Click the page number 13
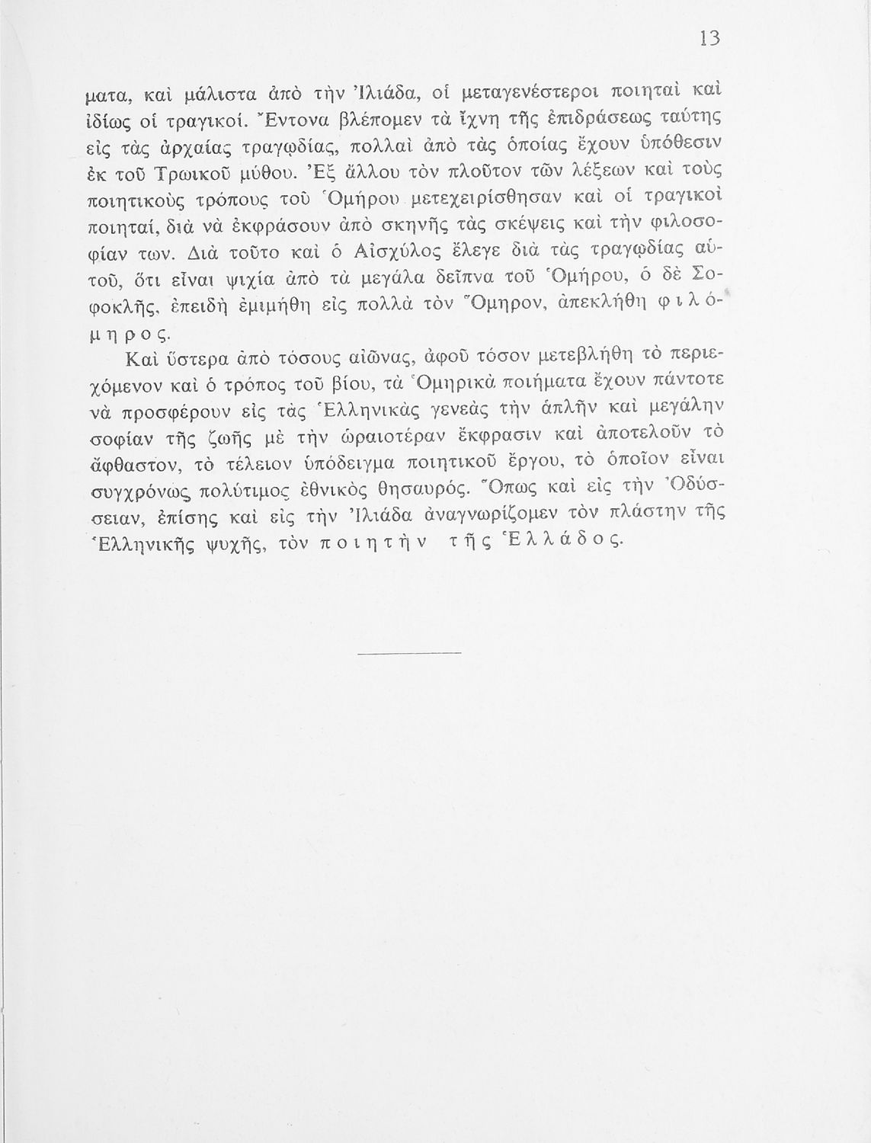709,39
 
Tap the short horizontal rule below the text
409,652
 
